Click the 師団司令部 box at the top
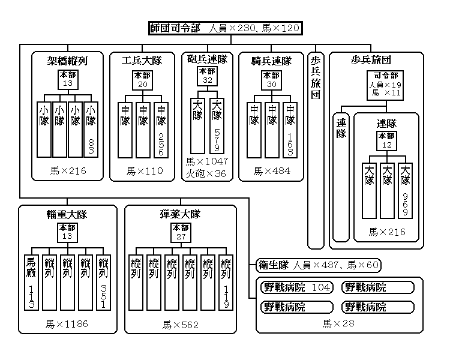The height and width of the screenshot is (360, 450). [x=224, y=28]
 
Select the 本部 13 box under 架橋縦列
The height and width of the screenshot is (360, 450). [x=67, y=79]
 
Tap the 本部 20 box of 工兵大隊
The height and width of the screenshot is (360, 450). [x=143, y=79]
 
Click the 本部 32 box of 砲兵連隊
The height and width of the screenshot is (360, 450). [x=208, y=76]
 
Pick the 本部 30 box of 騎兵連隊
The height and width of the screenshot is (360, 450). [x=271, y=79]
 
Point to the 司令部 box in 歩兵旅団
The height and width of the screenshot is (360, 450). [x=385, y=85]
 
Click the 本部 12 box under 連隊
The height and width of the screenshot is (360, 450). [x=386, y=141]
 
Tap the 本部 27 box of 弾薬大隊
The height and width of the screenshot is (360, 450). [x=180, y=232]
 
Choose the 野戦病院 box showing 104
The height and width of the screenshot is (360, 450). [x=297, y=287]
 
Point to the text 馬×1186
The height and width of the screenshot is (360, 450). [x=66, y=324]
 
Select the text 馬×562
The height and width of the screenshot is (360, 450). [x=180, y=325]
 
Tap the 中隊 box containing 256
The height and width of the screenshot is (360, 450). [x=161, y=130]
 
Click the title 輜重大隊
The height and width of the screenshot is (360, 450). [x=67, y=214]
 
